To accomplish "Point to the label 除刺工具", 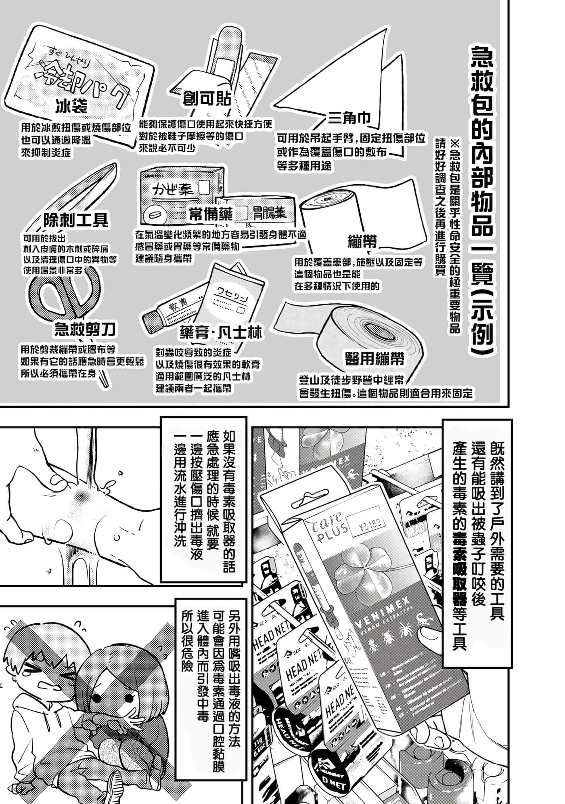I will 76,220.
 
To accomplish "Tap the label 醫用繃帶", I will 375,359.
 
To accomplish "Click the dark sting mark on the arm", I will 83,495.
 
